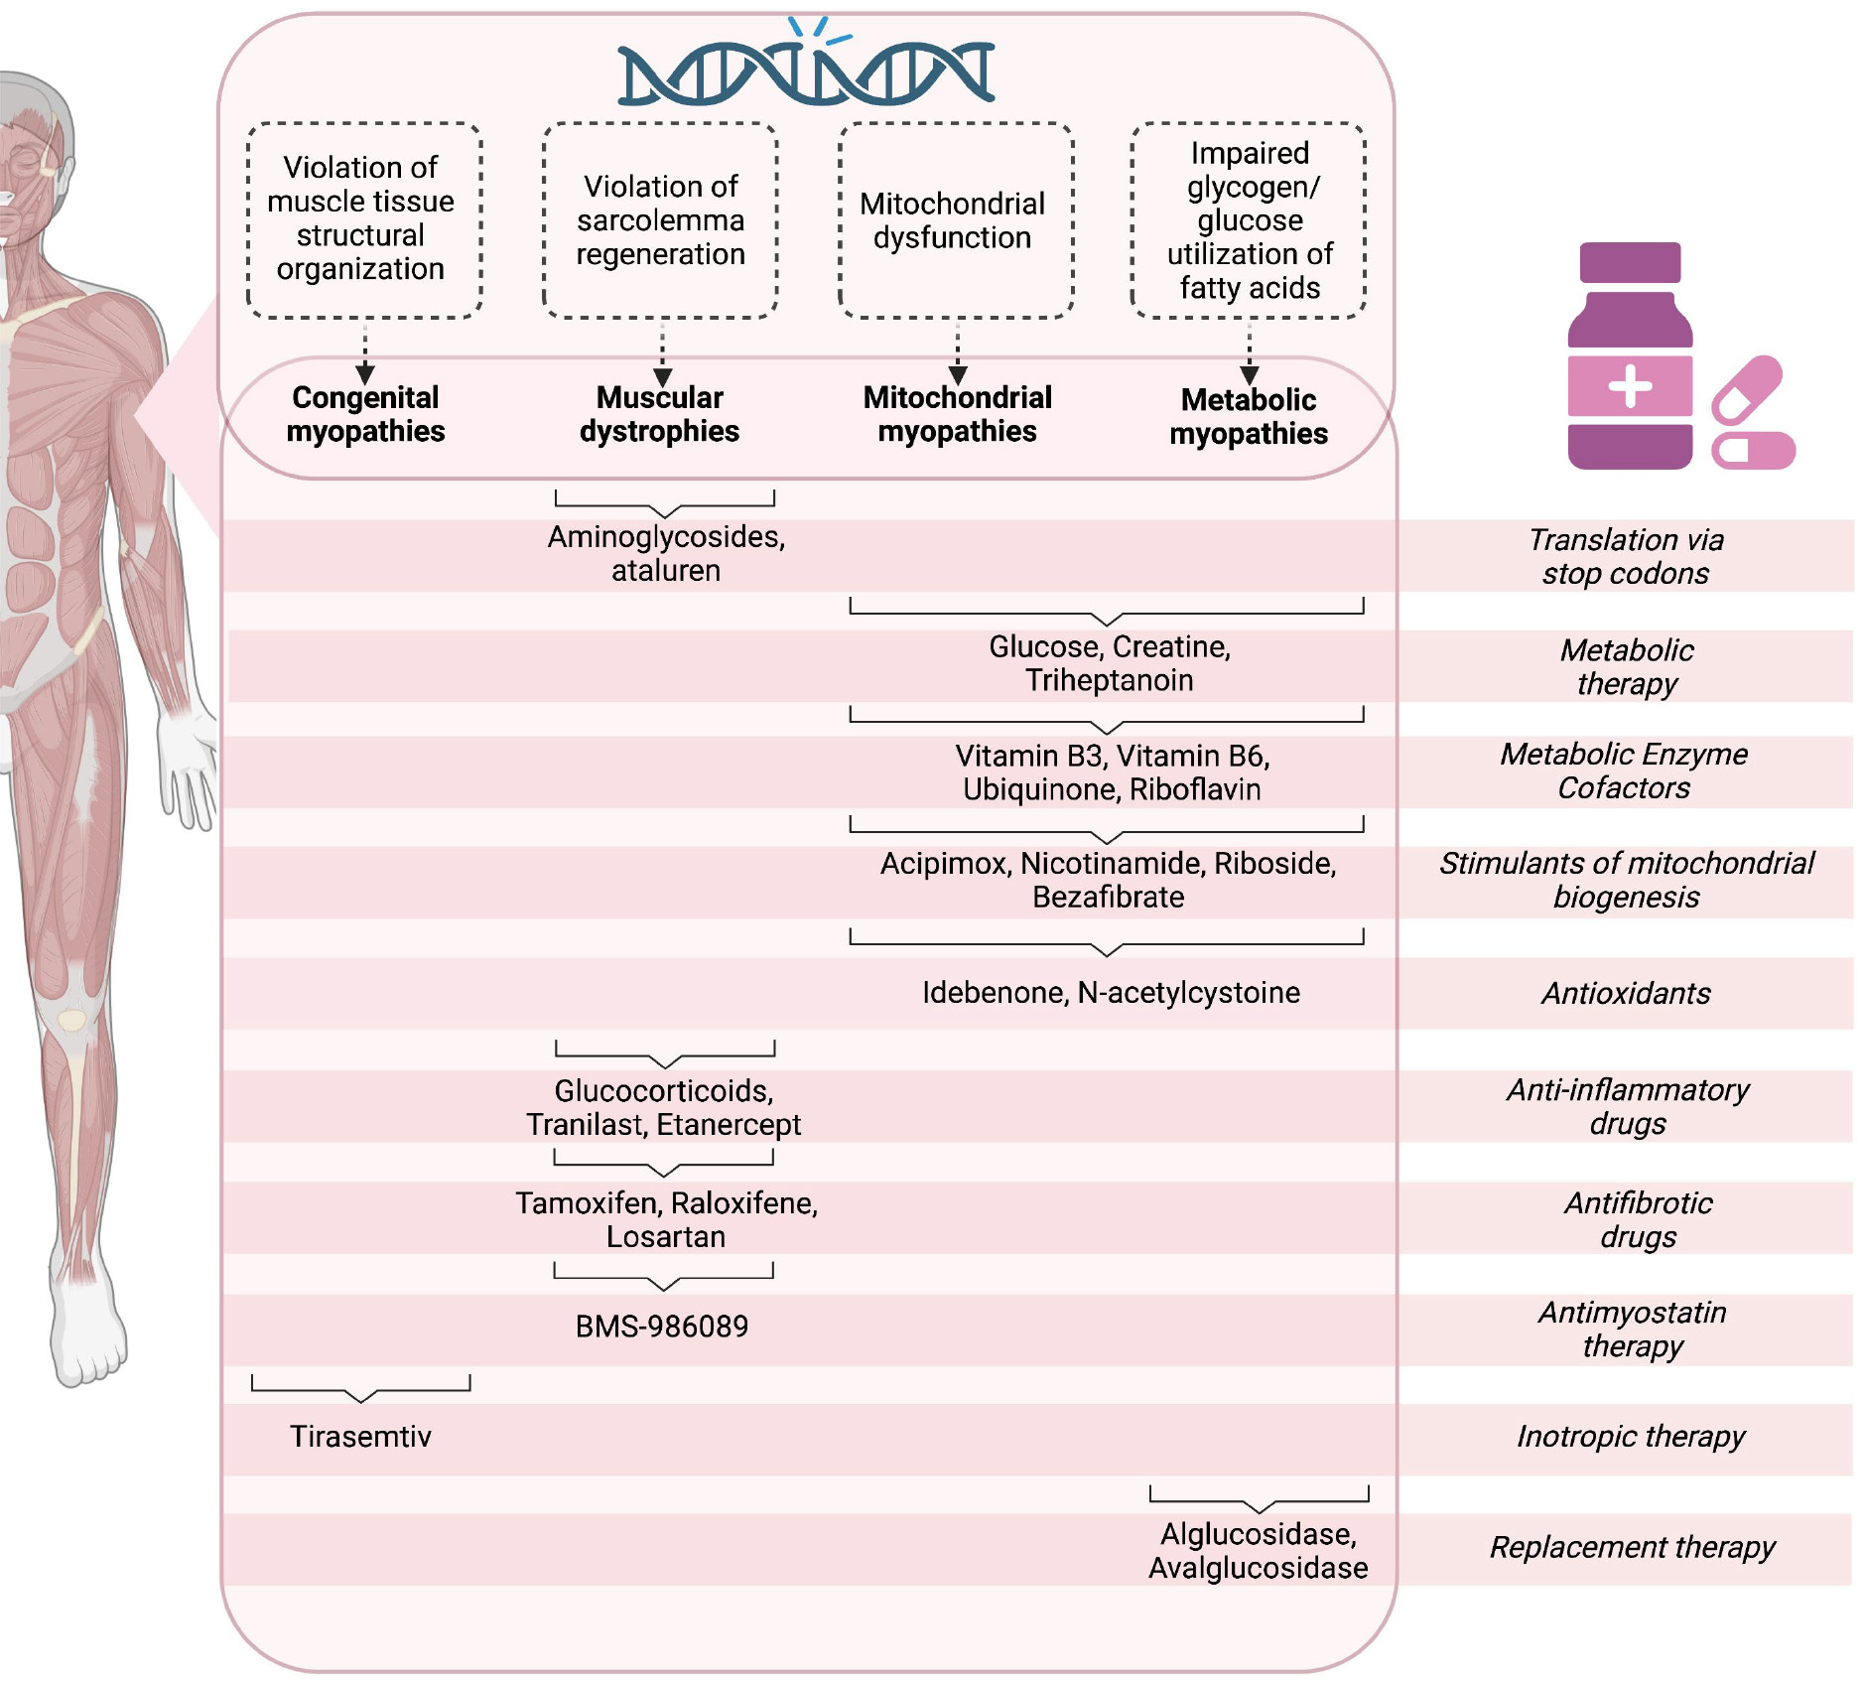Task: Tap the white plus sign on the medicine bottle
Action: click(1630, 386)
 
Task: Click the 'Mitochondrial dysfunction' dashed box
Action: click(956, 220)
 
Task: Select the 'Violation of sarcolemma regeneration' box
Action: click(660, 220)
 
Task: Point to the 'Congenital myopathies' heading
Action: click(365, 414)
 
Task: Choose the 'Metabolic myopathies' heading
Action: click(1249, 417)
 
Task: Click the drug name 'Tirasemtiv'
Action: click(360, 1437)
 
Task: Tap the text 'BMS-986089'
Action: click(662, 1327)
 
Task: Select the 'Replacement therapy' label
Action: click(1632, 1547)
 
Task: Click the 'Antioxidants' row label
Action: click(1626, 993)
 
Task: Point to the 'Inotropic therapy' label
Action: click(1630, 1437)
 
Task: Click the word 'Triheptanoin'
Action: click(1109, 681)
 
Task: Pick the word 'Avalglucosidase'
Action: click(1258, 1569)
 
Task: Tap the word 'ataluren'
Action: click(666, 571)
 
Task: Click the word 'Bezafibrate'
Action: click(1108, 898)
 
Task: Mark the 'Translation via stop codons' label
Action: click(1626, 556)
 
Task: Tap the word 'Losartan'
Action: click(666, 1237)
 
